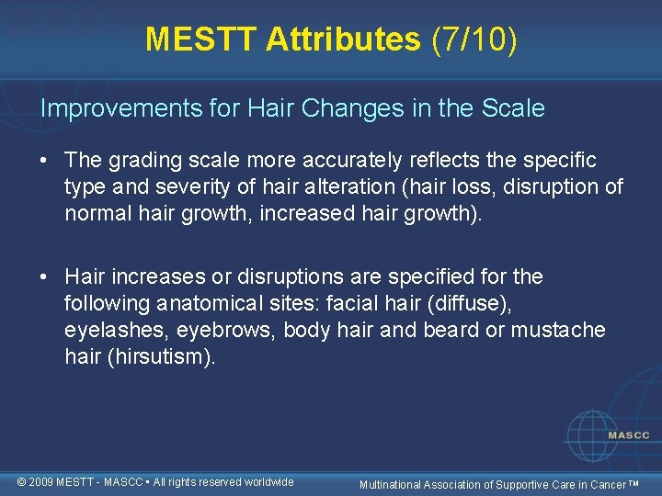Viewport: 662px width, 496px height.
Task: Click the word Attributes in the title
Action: point(343,39)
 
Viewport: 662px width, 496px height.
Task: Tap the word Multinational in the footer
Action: point(393,484)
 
